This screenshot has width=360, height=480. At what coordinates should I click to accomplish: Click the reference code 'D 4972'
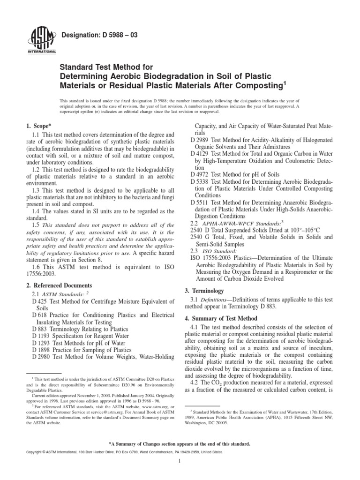coord(202,174)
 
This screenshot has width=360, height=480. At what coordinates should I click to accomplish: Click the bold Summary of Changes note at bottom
coord(180,443)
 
